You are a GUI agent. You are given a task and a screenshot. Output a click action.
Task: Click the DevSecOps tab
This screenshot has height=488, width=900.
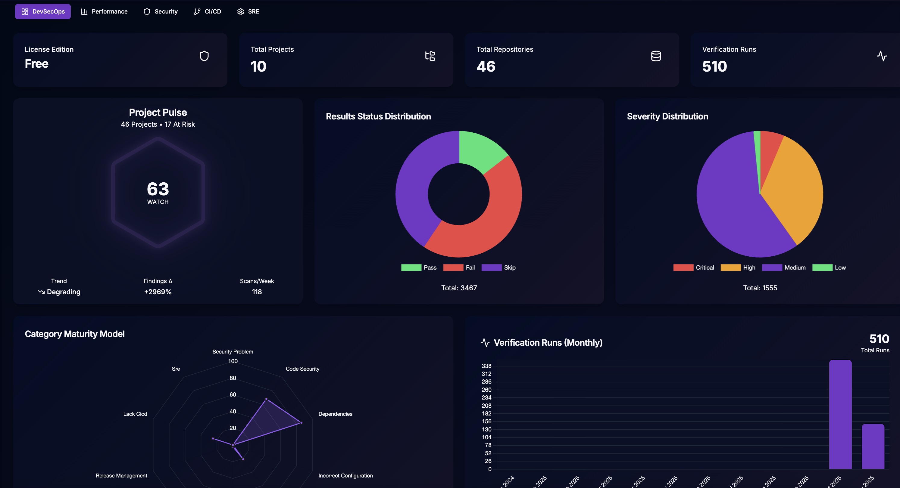(43, 11)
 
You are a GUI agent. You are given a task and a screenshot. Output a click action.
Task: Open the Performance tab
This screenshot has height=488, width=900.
(104, 11)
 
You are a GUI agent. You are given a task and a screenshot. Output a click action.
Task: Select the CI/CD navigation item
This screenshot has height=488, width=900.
(207, 11)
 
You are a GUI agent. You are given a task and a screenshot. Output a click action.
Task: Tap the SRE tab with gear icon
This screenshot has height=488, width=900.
(248, 11)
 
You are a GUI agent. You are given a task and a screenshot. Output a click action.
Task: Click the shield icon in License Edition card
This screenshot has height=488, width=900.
(204, 56)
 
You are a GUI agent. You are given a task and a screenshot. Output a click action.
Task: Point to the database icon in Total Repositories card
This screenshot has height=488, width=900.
(656, 56)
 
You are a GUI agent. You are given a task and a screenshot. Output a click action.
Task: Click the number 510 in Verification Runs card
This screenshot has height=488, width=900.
(714, 66)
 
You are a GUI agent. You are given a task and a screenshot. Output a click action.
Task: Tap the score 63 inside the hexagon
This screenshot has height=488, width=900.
(158, 189)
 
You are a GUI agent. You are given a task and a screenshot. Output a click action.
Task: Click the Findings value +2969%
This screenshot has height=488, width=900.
(158, 292)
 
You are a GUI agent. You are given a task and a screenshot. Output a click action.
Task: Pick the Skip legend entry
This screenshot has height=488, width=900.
(498, 268)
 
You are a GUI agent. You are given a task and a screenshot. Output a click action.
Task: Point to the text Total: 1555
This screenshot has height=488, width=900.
(760, 288)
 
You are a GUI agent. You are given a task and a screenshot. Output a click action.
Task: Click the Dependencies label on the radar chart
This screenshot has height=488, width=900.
(335, 414)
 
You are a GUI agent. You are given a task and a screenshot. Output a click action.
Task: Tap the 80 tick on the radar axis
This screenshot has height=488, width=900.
(233, 378)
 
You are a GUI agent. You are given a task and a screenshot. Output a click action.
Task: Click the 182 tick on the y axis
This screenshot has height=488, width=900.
(486, 414)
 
